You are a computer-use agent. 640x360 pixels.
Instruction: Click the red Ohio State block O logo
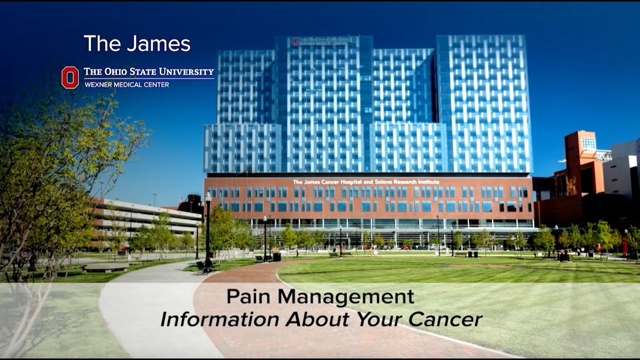pyautogui.click(x=70, y=77)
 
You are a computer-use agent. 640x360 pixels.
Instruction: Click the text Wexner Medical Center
pyautogui.click(x=126, y=84)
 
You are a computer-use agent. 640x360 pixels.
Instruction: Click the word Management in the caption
pyautogui.click(x=346, y=297)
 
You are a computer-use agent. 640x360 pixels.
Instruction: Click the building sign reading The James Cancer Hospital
pyautogui.click(x=366, y=182)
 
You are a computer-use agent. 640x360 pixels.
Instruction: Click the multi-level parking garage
pyautogui.click(x=145, y=220)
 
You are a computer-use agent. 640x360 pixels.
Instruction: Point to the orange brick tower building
pyautogui.click(x=580, y=165)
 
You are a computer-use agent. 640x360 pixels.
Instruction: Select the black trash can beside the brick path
pyautogui.click(x=276, y=256)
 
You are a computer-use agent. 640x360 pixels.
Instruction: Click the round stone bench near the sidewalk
pyautogui.click(x=106, y=267)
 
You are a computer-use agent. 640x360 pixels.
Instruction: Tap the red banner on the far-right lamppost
pyautogui.click(x=624, y=245)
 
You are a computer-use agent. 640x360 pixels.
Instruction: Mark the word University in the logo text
pyautogui.click(x=187, y=71)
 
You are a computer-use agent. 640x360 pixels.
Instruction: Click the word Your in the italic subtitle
pyautogui.click(x=379, y=319)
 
